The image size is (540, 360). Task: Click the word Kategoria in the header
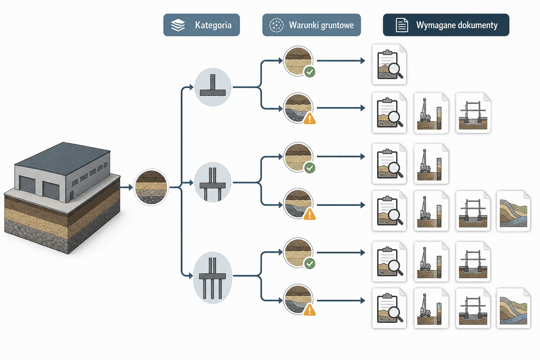pos(213,25)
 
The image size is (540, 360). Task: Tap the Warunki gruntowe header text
pos(321,25)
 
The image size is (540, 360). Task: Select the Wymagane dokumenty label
pos(457,25)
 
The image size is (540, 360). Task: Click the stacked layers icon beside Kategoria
pos(178,25)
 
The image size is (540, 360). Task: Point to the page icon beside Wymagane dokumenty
pos(402,25)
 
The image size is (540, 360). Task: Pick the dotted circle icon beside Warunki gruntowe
pos(276,25)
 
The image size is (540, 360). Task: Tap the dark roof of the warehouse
pos(62,158)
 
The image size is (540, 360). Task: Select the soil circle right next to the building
pos(151,187)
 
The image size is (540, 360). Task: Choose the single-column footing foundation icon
pos(213,87)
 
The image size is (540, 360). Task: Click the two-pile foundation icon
pos(213,182)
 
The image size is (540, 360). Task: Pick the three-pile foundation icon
pos(213,278)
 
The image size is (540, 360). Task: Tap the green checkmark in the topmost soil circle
pos(310,72)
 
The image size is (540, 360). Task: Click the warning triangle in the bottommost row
pos(310,310)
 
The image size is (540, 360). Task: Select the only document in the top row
pos(389,65)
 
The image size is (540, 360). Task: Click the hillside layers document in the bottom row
pos(513,308)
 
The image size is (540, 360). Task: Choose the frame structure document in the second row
pos(473,113)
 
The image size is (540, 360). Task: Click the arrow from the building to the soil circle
pos(124,187)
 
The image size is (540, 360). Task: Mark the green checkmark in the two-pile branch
pos(310,168)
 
